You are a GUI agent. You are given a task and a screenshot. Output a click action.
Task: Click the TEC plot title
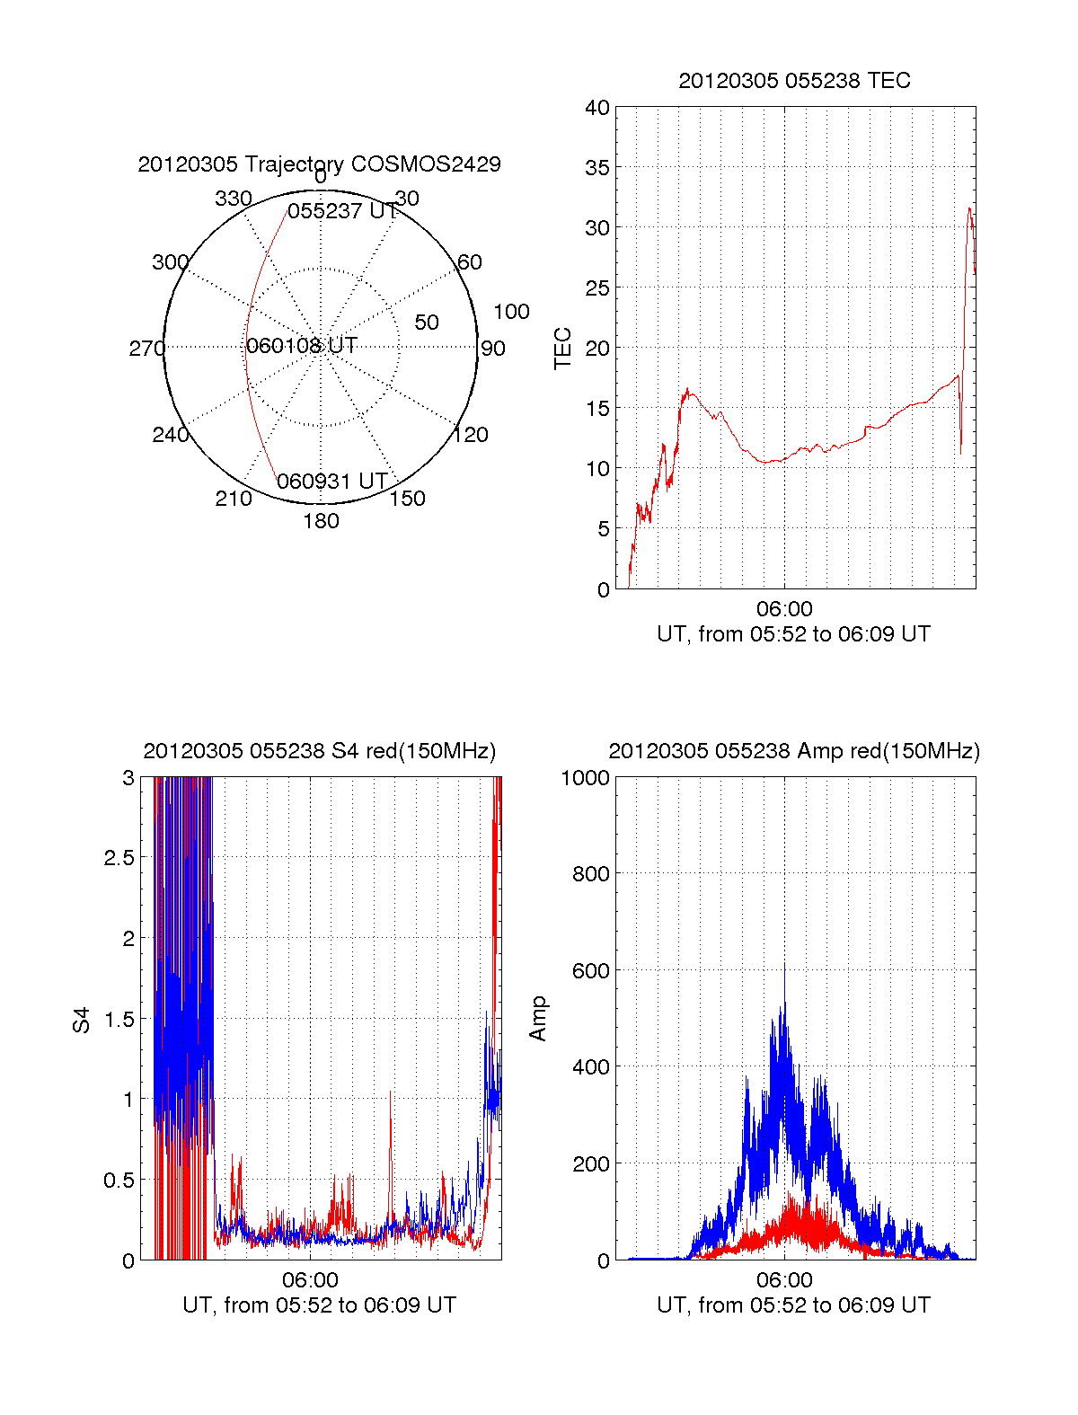794,81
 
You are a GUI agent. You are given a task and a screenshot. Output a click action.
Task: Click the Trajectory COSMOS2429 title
319,164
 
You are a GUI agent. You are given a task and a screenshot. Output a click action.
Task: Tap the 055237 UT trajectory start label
342,211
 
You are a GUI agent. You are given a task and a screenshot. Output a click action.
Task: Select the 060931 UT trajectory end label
331,482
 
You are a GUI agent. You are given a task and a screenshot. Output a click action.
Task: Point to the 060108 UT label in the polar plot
302,346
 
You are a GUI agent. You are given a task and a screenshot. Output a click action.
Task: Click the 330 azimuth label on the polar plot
233,199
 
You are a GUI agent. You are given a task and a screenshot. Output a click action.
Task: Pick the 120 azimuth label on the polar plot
471,435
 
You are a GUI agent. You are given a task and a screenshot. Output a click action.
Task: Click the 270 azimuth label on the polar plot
146,349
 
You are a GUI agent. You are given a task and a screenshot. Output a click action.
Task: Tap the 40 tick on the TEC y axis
597,108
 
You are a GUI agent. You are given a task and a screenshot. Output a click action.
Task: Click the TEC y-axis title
563,349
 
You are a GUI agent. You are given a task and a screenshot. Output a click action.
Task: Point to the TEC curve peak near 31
969,209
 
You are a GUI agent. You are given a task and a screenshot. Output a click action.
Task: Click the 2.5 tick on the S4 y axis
119,858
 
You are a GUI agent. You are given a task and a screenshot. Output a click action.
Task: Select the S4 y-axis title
82,1020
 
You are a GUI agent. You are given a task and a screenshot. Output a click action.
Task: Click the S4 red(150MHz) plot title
319,751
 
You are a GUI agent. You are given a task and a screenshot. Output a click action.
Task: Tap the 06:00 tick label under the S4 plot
310,1279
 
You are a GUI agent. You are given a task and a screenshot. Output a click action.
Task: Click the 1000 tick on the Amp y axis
586,778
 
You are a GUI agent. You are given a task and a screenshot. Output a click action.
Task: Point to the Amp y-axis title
538,1019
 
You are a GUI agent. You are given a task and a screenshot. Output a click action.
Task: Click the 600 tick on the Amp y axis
591,971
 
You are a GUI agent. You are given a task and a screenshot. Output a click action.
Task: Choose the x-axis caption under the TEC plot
793,634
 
